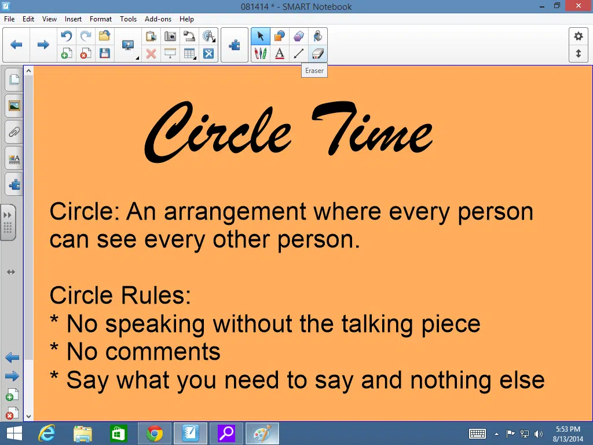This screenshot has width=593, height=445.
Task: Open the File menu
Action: (x=9, y=19)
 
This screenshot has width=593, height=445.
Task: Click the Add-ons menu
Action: (x=158, y=19)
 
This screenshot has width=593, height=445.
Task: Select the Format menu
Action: (x=101, y=19)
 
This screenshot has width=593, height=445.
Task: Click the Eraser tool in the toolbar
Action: (x=318, y=53)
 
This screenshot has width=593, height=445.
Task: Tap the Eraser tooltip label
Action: (x=314, y=71)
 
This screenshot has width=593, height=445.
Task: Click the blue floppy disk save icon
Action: (x=105, y=53)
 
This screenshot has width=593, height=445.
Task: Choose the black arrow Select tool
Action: (x=261, y=37)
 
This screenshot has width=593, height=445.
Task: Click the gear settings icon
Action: (x=579, y=37)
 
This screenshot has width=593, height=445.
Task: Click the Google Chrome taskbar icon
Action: (x=155, y=433)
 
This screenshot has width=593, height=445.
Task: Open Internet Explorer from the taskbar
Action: (x=47, y=433)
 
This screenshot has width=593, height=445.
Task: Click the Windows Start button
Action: (x=14, y=433)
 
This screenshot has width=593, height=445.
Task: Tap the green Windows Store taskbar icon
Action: (x=118, y=433)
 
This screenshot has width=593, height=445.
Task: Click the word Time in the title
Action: (x=372, y=128)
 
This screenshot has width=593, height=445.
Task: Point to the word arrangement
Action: (x=235, y=213)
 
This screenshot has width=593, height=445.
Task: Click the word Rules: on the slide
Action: (x=155, y=295)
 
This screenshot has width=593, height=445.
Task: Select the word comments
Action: (x=163, y=352)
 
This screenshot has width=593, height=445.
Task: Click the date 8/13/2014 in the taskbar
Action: (x=568, y=439)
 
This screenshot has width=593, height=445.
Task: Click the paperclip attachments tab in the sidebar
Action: (x=14, y=132)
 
